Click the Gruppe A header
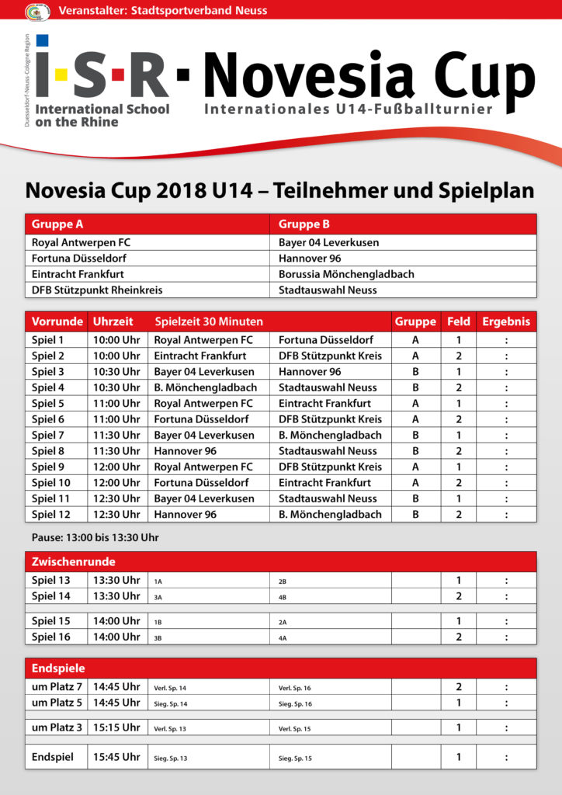tap(57, 224)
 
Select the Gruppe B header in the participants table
tap(304, 224)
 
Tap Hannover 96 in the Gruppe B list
tap(310, 259)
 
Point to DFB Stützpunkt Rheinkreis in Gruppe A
tap(97, 290)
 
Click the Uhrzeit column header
tap(113, 321)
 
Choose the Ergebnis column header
tap(506, 321)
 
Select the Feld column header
tap(459, 321)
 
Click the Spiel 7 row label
tap(48, 436)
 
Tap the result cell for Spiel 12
tap(506, 515)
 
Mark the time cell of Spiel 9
tap(116, 467)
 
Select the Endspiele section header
tap(58, 668)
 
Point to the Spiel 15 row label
tap(50, 621)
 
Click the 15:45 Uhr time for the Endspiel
tap(116, 757)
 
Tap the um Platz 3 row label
tap(57, 727)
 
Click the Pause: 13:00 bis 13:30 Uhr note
tap(95, 537)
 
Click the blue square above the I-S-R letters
tap(42, 40)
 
